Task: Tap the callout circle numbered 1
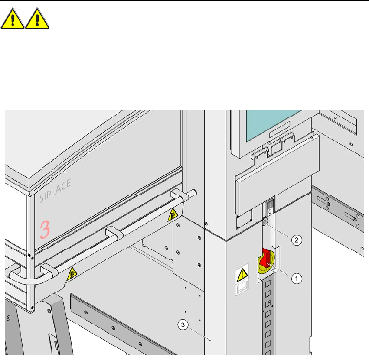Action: click(x=296, y=279)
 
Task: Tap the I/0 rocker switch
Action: click(x=270, y=206)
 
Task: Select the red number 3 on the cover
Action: click(x=45, y=229)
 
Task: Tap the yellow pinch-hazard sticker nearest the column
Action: click(x=173, y=213)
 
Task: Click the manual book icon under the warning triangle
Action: click(x=240, y=287)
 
